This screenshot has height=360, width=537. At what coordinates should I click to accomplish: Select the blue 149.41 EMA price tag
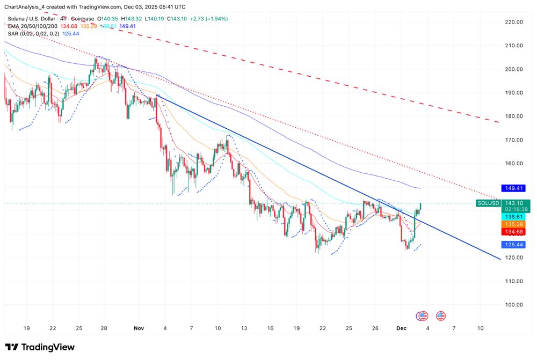pyautogui.click(x=513, y=188)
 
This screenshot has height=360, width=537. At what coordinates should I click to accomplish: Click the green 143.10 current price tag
pyautogui.click(x=513, y=203)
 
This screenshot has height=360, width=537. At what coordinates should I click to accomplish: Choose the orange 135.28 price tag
pyautogui.click(x=513, y=224)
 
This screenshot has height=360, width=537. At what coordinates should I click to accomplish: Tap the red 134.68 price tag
pyautogui.click(x=513, y=232)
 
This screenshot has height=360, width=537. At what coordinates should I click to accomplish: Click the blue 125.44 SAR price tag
pyautogui.click(x=513, y=245)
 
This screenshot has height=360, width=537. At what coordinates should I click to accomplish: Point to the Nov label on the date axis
pyautogui.click(x=139, y=327)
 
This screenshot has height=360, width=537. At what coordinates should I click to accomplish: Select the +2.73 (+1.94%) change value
pyautogui.click(x=208, y=19)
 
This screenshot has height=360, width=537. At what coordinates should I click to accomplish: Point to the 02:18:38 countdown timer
pyautogui.click(x=513, y=209)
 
